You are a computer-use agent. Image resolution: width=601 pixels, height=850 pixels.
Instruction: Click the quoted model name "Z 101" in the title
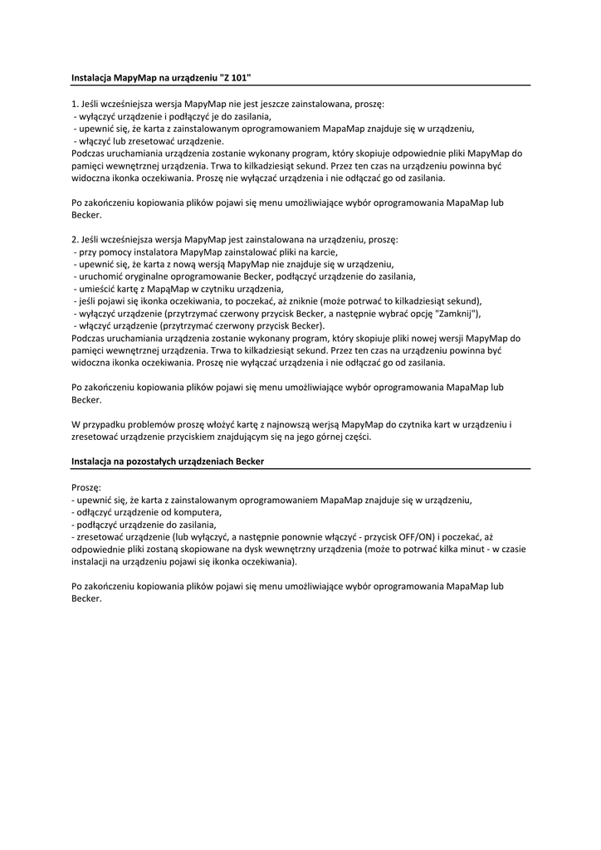[235, 77]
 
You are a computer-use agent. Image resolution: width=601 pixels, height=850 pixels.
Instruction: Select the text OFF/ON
[417, 537]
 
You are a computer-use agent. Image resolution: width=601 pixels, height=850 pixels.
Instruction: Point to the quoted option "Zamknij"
[456, 314]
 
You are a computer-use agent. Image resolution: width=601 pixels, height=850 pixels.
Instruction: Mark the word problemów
[144, 424]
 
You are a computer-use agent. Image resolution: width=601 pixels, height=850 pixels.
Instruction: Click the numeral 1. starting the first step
[75, 105]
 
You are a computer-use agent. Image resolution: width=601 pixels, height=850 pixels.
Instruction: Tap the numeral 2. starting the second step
[75, 239]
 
